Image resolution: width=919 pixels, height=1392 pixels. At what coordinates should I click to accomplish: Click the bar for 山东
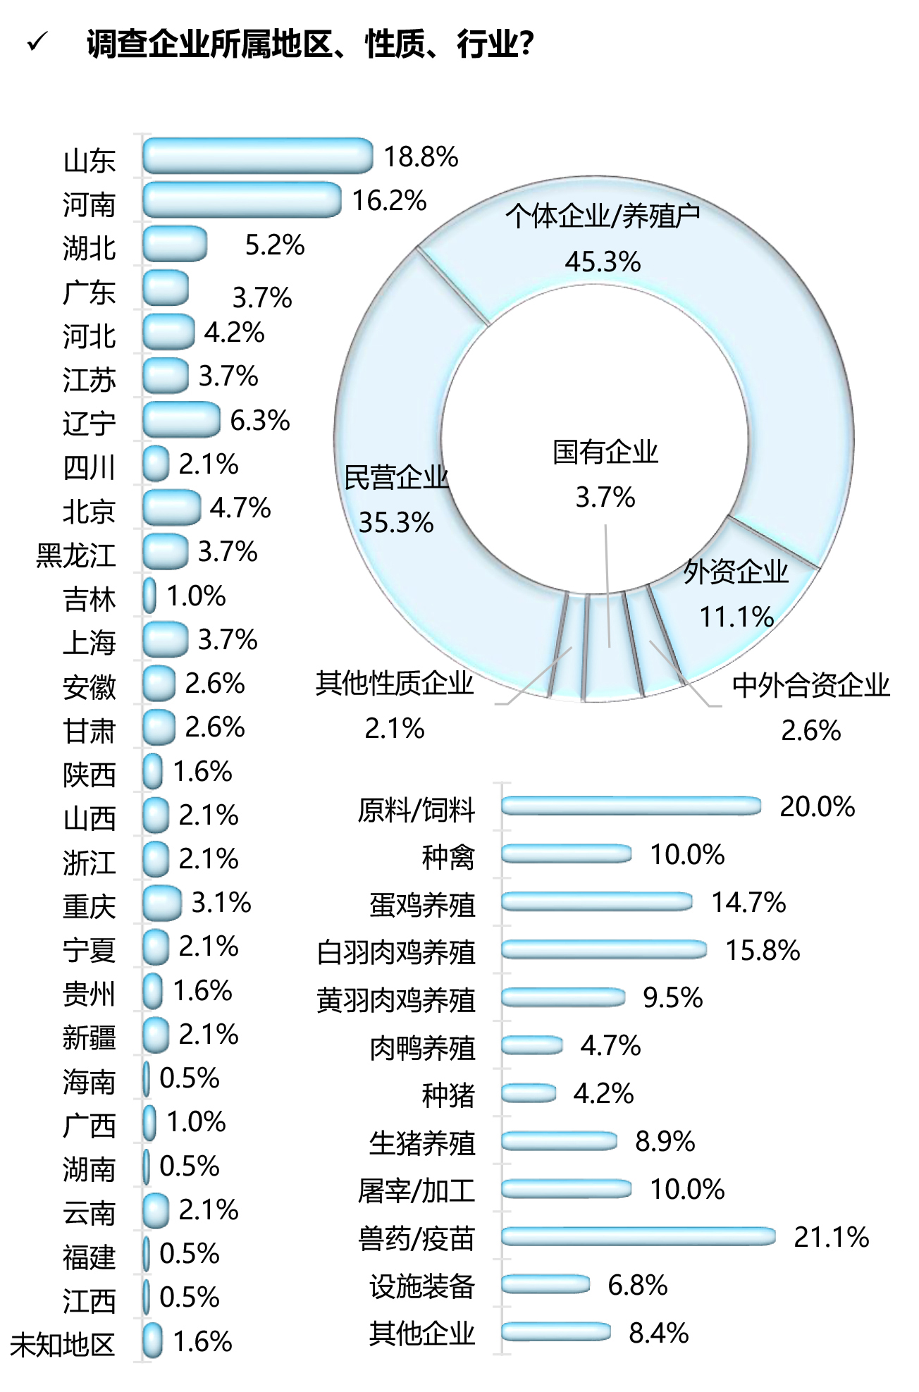click(257, 156)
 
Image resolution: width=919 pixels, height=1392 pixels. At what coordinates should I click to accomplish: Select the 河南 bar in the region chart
click(242, 200)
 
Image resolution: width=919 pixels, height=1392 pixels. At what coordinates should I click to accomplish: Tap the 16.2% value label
click(389, 201)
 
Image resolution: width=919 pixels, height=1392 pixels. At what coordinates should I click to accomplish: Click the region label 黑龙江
click(76, 555)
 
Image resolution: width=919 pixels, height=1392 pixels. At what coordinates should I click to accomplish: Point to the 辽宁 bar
click(181, 420)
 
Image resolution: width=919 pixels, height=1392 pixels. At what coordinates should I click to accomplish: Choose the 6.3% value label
click(259, 421)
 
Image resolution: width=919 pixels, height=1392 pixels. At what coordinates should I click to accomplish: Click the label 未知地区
click(62, 1345)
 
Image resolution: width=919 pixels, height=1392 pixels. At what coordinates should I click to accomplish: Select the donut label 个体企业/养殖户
click(603, 216)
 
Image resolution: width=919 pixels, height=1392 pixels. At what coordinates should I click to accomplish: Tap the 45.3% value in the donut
click(603, 262)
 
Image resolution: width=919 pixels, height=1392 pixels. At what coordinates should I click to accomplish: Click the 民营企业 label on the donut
click(396, 478)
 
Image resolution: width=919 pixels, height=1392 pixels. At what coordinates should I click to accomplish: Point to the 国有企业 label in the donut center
click(605, 452)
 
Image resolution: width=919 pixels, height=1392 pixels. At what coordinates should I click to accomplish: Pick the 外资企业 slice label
click(736, 572)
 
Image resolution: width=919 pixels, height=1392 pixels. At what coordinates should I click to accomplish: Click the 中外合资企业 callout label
click(811, 685)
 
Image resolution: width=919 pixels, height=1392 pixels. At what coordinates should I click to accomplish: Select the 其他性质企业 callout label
click(395, 683)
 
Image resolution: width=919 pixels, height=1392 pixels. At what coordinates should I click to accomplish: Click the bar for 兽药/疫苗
click(638, 1236)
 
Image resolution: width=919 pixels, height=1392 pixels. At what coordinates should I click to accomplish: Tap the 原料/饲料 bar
click(631, 806)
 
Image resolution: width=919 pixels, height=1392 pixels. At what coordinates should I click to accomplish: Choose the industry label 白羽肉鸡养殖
click(396, 952)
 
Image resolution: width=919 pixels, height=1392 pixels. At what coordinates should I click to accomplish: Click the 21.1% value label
click(831, 1238)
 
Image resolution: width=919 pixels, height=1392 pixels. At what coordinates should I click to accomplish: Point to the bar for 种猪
click(529, 1093)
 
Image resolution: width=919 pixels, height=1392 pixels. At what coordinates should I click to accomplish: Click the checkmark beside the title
click(37, 43)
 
